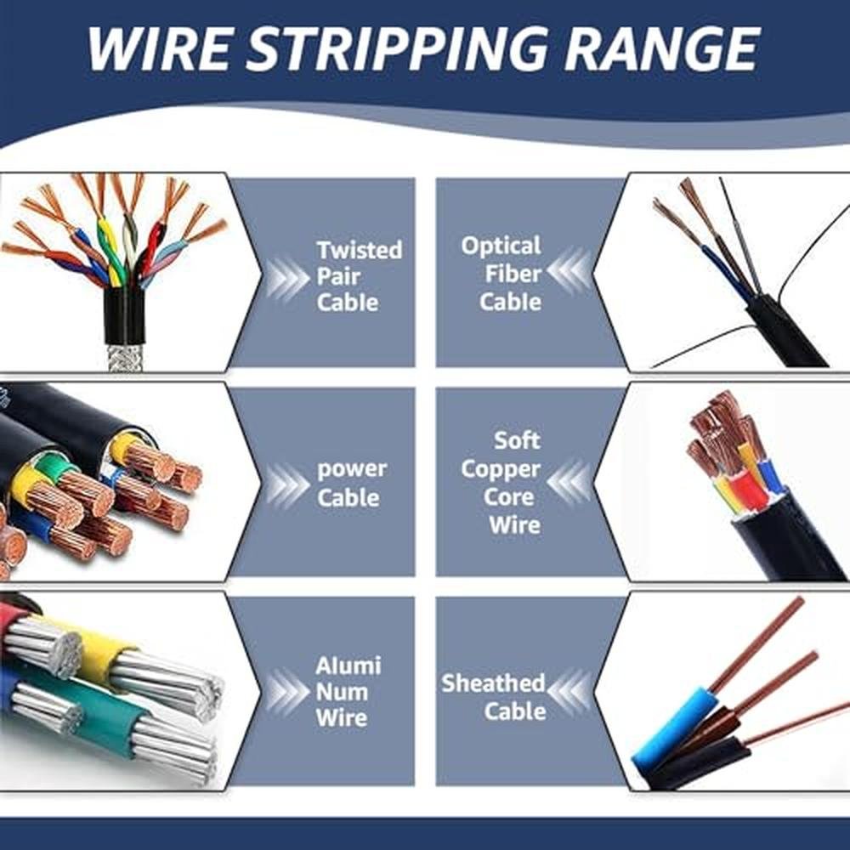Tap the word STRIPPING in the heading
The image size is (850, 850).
coord(397,48)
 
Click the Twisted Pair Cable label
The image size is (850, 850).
coord(359,276)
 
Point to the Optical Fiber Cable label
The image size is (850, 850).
coord(501,274)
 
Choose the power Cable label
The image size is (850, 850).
coord(352,483)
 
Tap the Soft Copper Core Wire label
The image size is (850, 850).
coord(501,483)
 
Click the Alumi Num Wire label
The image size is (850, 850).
coord(348,691)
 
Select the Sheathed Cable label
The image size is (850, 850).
coord(493,697)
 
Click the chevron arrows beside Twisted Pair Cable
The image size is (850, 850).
coord(288,278)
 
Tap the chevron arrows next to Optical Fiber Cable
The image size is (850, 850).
coord(569,270)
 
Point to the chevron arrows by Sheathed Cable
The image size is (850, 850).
coord(569,691)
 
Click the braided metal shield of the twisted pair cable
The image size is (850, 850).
coord(125,357)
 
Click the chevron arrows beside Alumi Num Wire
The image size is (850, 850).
coord(288,691)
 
